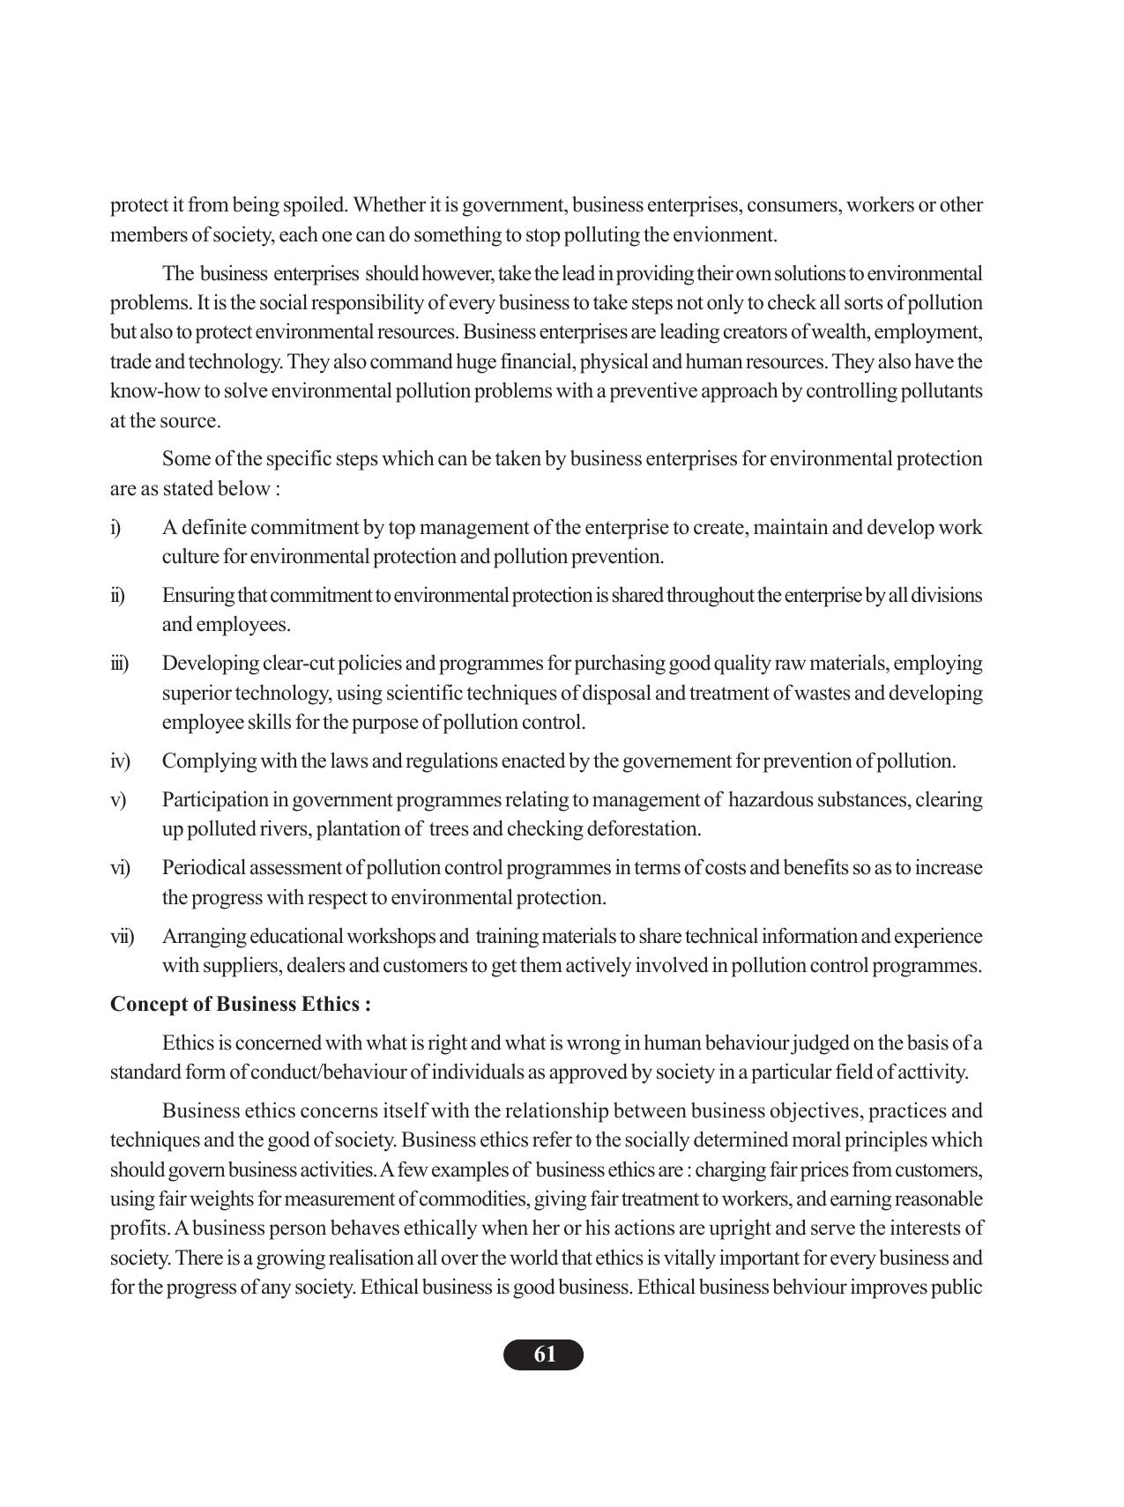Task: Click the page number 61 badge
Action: tap(543, 1355)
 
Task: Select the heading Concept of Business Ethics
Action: tap(240, 1005)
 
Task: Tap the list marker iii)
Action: tap(119, 664)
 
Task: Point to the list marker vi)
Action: tap(120, 868)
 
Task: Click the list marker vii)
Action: tap(122, 936)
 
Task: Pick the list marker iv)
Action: tap(120, 761)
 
